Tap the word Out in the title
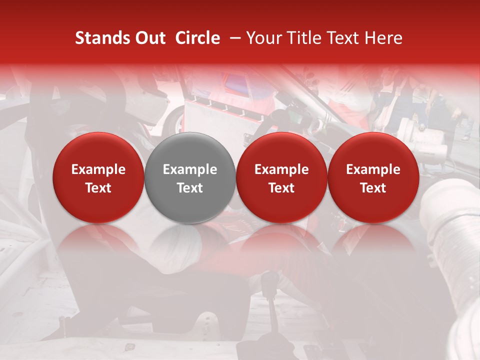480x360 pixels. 149,38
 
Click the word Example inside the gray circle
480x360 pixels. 190,169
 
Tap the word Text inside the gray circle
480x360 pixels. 190,188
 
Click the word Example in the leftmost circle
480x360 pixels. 98,169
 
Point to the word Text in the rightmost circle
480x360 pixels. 373,188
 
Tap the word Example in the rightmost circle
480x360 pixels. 373,169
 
